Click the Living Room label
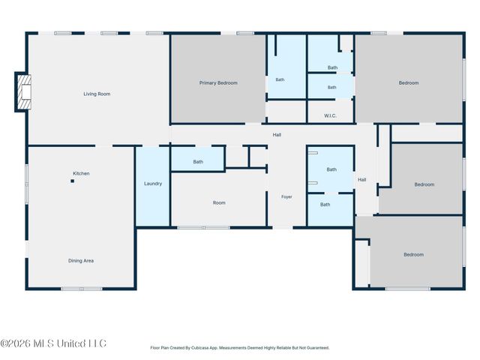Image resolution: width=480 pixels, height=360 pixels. pos(97,94)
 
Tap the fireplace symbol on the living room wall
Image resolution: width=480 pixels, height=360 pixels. pos(24,91)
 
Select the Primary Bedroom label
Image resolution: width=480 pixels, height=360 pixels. pos(218,83)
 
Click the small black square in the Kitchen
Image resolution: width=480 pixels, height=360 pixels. pos(73,181)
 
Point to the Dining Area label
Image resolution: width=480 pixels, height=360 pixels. pos(81,261)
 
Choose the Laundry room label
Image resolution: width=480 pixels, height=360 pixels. pos(153,184)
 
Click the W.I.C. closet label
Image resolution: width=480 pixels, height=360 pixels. pos(330,115)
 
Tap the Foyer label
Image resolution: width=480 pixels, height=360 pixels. pos(286,196)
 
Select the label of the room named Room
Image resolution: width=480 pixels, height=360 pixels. pos(219,202)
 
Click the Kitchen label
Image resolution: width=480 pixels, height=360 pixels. pos(81,173)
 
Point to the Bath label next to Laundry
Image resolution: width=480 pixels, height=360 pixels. pos(198,162)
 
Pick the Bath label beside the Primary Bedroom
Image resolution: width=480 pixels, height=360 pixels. pos(280,79)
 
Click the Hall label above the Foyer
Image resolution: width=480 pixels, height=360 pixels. pos(277,135)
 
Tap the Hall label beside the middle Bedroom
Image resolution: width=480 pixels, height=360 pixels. pos(361,180)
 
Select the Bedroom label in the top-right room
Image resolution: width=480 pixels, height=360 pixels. pos(408,83)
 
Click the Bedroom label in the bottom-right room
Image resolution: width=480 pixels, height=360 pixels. pos(413,255)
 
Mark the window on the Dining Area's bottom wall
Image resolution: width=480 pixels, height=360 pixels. pos(82,289)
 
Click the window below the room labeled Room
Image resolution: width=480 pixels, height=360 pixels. pos(203,228)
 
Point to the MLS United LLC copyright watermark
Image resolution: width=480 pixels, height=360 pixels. pos(53,343)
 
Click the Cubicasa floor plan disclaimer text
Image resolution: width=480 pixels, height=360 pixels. pos(240,348)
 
